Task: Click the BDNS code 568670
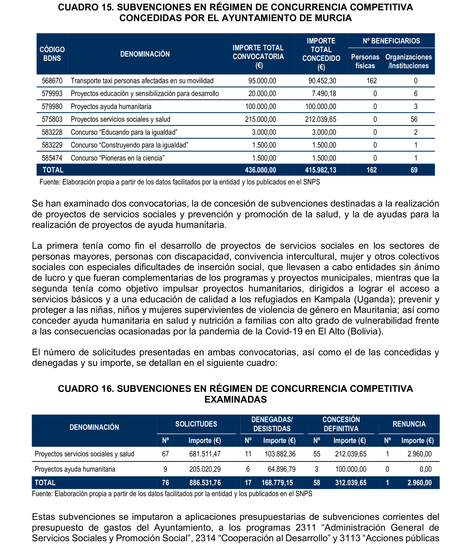click(x=52, y=81)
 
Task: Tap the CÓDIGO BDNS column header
click(x=52, y=54)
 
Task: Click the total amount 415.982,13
click(x=320, y=170)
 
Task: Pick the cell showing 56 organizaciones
click(x=414, y=119)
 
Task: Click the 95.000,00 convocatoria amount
click(x=262, y=81)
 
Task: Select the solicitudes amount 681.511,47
click(x=205, y=454)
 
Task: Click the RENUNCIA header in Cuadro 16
click(x=409, y=424)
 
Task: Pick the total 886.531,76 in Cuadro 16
click(x=205, y=483)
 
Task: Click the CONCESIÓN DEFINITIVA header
click(x=341, y=424)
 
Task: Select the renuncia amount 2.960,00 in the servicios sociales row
click(x=419, y=454)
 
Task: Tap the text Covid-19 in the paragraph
click(x=284, y=331)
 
